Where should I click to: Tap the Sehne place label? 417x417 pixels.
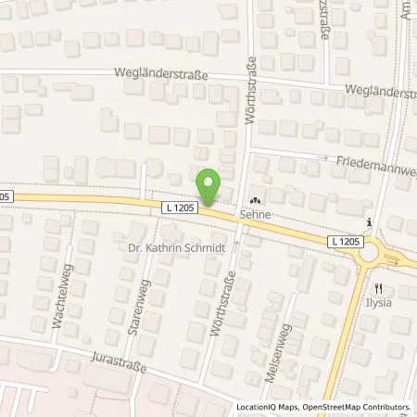point(256,212)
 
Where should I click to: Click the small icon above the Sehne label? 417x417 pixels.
point(256,198)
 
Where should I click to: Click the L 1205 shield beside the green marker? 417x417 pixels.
point(179,205)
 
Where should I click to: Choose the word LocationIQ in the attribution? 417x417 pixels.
point(254,407)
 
